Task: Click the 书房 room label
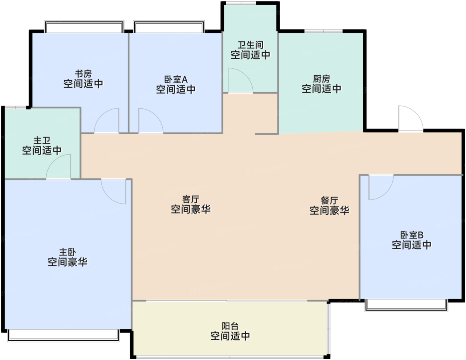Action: point(84,74)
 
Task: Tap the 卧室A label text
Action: point(176,80)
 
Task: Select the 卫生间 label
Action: point(251,45)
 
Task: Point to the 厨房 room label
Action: point(321,79)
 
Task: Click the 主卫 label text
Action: point(42,141)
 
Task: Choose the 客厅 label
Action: point(191,199)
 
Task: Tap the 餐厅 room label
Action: point(330,200)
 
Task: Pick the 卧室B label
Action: point(412,235)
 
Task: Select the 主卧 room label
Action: point(68,252)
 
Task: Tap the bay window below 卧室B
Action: point(407,305)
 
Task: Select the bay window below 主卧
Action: point(64,335)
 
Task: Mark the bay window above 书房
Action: point(84,27)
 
